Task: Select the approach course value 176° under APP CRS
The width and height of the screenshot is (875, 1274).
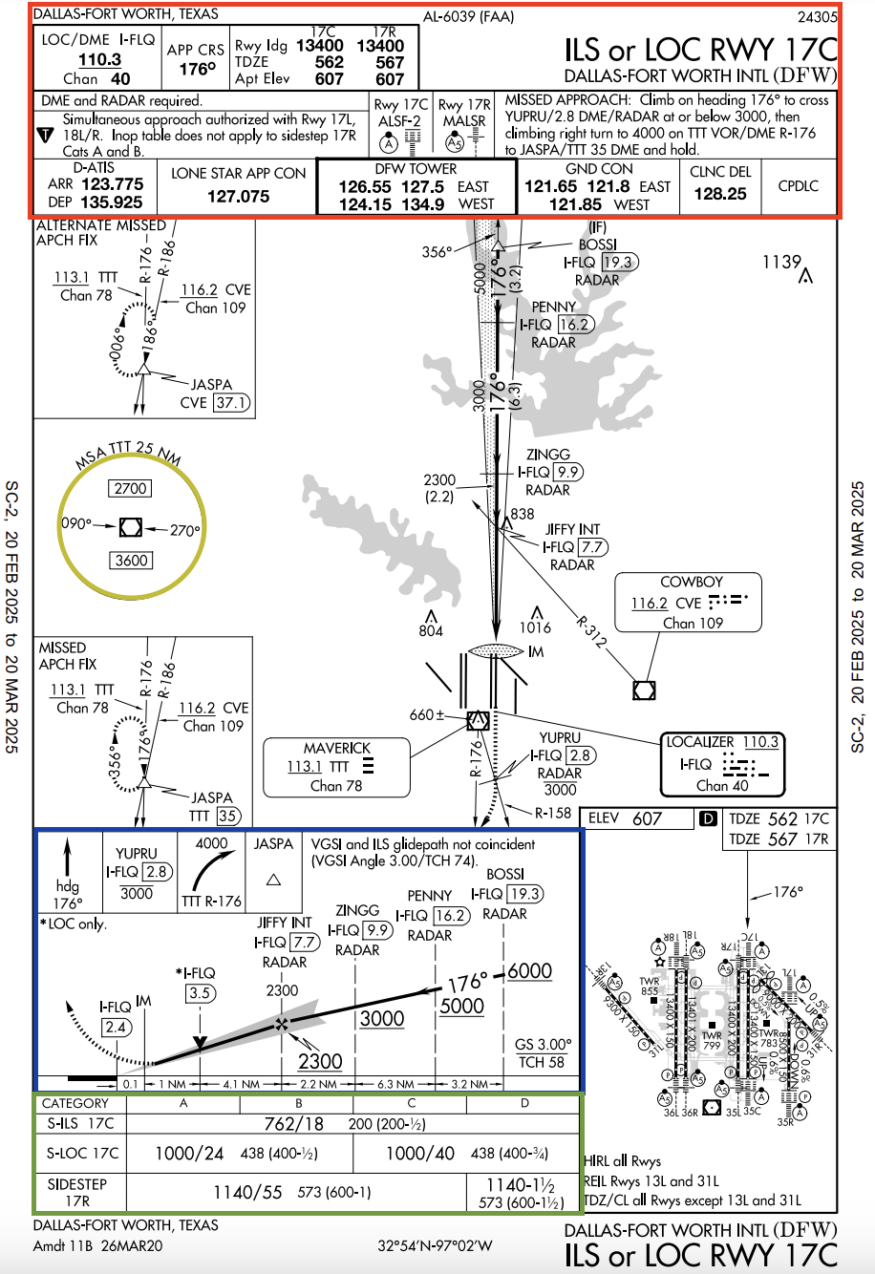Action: [196, 69]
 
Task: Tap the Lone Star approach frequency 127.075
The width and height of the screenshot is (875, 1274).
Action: [238, 196]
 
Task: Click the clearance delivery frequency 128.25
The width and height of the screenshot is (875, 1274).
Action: [720, 193]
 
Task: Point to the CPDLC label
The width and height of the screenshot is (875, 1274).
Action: [799, 186]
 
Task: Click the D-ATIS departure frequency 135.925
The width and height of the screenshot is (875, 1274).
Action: [112, 202]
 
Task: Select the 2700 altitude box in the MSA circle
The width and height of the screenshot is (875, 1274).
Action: [131, 488]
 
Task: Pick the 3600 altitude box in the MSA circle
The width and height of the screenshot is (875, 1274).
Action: [131, 561]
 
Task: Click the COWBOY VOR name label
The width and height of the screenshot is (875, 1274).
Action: [692, 582]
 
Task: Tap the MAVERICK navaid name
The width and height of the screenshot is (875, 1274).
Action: [336, 748]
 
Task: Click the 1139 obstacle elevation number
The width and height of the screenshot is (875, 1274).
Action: [781, 262]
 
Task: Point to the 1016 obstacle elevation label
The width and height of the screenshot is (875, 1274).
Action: [535, 627]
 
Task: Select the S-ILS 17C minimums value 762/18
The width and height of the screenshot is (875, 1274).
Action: [293, 1124]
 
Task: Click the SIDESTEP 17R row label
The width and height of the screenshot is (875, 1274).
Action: [78, 1192]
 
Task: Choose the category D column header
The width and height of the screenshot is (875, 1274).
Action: [524, 1103]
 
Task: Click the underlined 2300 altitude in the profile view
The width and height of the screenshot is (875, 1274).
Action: [320, 1061]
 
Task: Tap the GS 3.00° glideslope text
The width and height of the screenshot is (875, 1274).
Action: [543, 1044]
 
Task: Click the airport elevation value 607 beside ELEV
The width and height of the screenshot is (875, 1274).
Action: [647, 818]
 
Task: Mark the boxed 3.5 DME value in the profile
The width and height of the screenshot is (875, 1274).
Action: [199, 993]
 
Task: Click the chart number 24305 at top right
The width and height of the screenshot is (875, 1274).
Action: [817, 16]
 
